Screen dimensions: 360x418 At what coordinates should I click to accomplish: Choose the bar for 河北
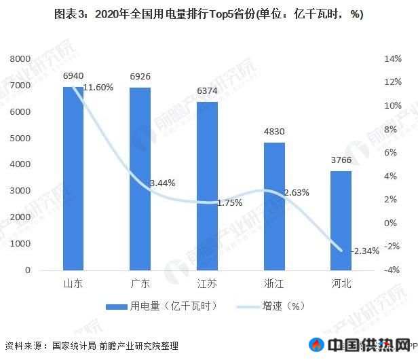coord(341,220)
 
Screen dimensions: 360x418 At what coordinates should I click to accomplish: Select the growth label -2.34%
coord(365,251)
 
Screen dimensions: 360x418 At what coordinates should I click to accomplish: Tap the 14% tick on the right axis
coord(392,60)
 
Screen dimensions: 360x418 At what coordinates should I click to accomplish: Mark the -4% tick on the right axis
coord(392,270)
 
